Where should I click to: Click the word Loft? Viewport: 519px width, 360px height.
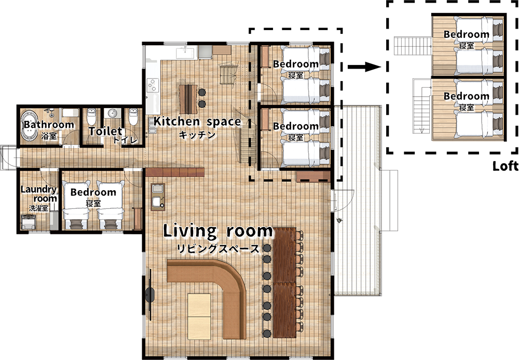click(x=506, y=166)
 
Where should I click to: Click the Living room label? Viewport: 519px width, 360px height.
click(x=218, y=231)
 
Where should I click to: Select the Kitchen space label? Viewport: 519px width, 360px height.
click(x=197, y=122)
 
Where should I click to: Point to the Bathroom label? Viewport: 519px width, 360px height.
click(x=49, y=125)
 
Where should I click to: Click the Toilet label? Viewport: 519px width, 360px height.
click(x=105, y=131)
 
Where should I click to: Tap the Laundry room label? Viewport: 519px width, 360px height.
click(x=39, y=194)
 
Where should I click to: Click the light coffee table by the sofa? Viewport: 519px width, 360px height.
click(x=199, y=316)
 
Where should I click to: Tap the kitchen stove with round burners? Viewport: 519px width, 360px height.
click(x=153, y=85)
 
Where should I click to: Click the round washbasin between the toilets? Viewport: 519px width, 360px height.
click(x=113, y=113)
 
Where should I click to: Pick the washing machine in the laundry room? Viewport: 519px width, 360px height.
click(x=28, y=222)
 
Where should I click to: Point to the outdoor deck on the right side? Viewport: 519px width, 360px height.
click(x=358, y=201)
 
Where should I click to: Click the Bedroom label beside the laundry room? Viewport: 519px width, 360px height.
click(x=93, y=192)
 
